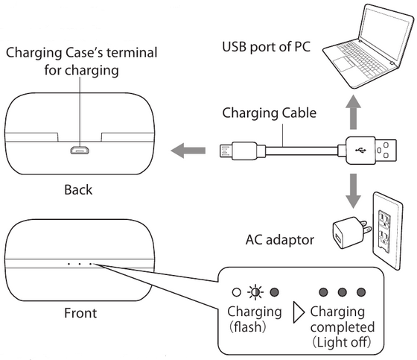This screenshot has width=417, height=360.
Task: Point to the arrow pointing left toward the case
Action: (187, 151)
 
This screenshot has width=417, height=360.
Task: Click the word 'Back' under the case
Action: (77, 189)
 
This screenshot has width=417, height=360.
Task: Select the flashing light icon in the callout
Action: (257, 292)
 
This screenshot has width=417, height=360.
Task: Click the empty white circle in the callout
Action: (236, 292)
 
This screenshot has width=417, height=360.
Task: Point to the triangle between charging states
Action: (299, 312)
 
